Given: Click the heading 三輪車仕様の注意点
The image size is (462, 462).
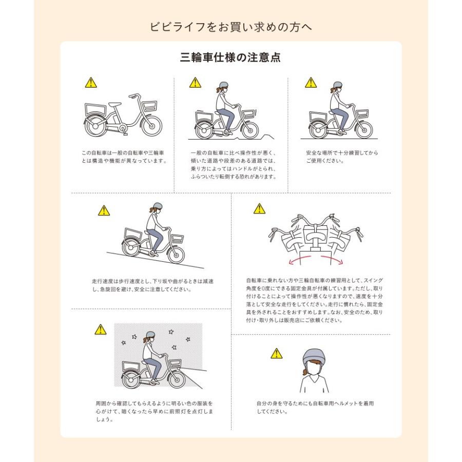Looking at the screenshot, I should click(x=230, y=57).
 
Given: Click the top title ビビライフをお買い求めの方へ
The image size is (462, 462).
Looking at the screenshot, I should click(x=230, y=27).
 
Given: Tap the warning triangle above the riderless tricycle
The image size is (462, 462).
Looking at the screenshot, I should click(x=91, y=82).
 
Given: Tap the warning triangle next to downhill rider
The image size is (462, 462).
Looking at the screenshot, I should click(x=104, y=210).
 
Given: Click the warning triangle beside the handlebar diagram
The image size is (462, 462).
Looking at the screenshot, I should click(x=259, y=209).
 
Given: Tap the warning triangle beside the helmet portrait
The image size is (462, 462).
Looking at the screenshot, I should click(x=277, y=353).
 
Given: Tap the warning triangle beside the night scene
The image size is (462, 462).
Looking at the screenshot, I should click(x=100, y=330).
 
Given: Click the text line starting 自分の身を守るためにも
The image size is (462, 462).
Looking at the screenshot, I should click(x=315, y=403).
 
